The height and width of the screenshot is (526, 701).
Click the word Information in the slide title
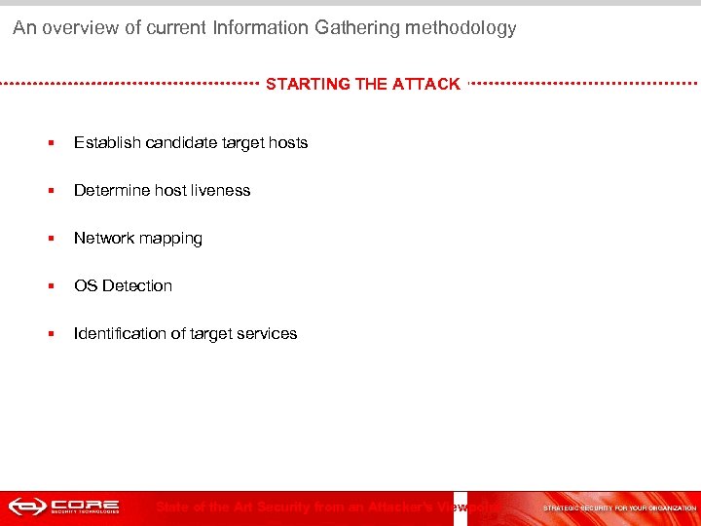260,28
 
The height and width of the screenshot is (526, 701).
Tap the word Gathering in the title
351,28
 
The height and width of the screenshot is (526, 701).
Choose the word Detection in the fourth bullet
137,286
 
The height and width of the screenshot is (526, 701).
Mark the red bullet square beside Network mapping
51,239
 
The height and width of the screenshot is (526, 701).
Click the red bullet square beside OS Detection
51,286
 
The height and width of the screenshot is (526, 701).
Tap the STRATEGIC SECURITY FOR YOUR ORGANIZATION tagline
619,508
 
